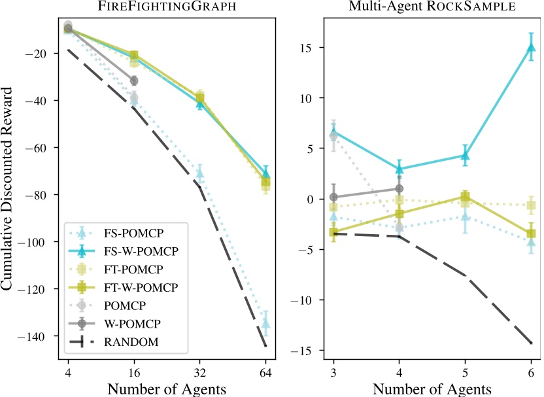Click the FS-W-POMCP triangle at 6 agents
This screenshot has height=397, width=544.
pyautogui.click(x=531, y=47)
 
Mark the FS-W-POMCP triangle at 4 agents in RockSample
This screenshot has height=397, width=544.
pyautogui.click(x=399, y=169)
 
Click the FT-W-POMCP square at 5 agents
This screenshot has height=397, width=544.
pyautogui.click(x=466, y=197)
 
